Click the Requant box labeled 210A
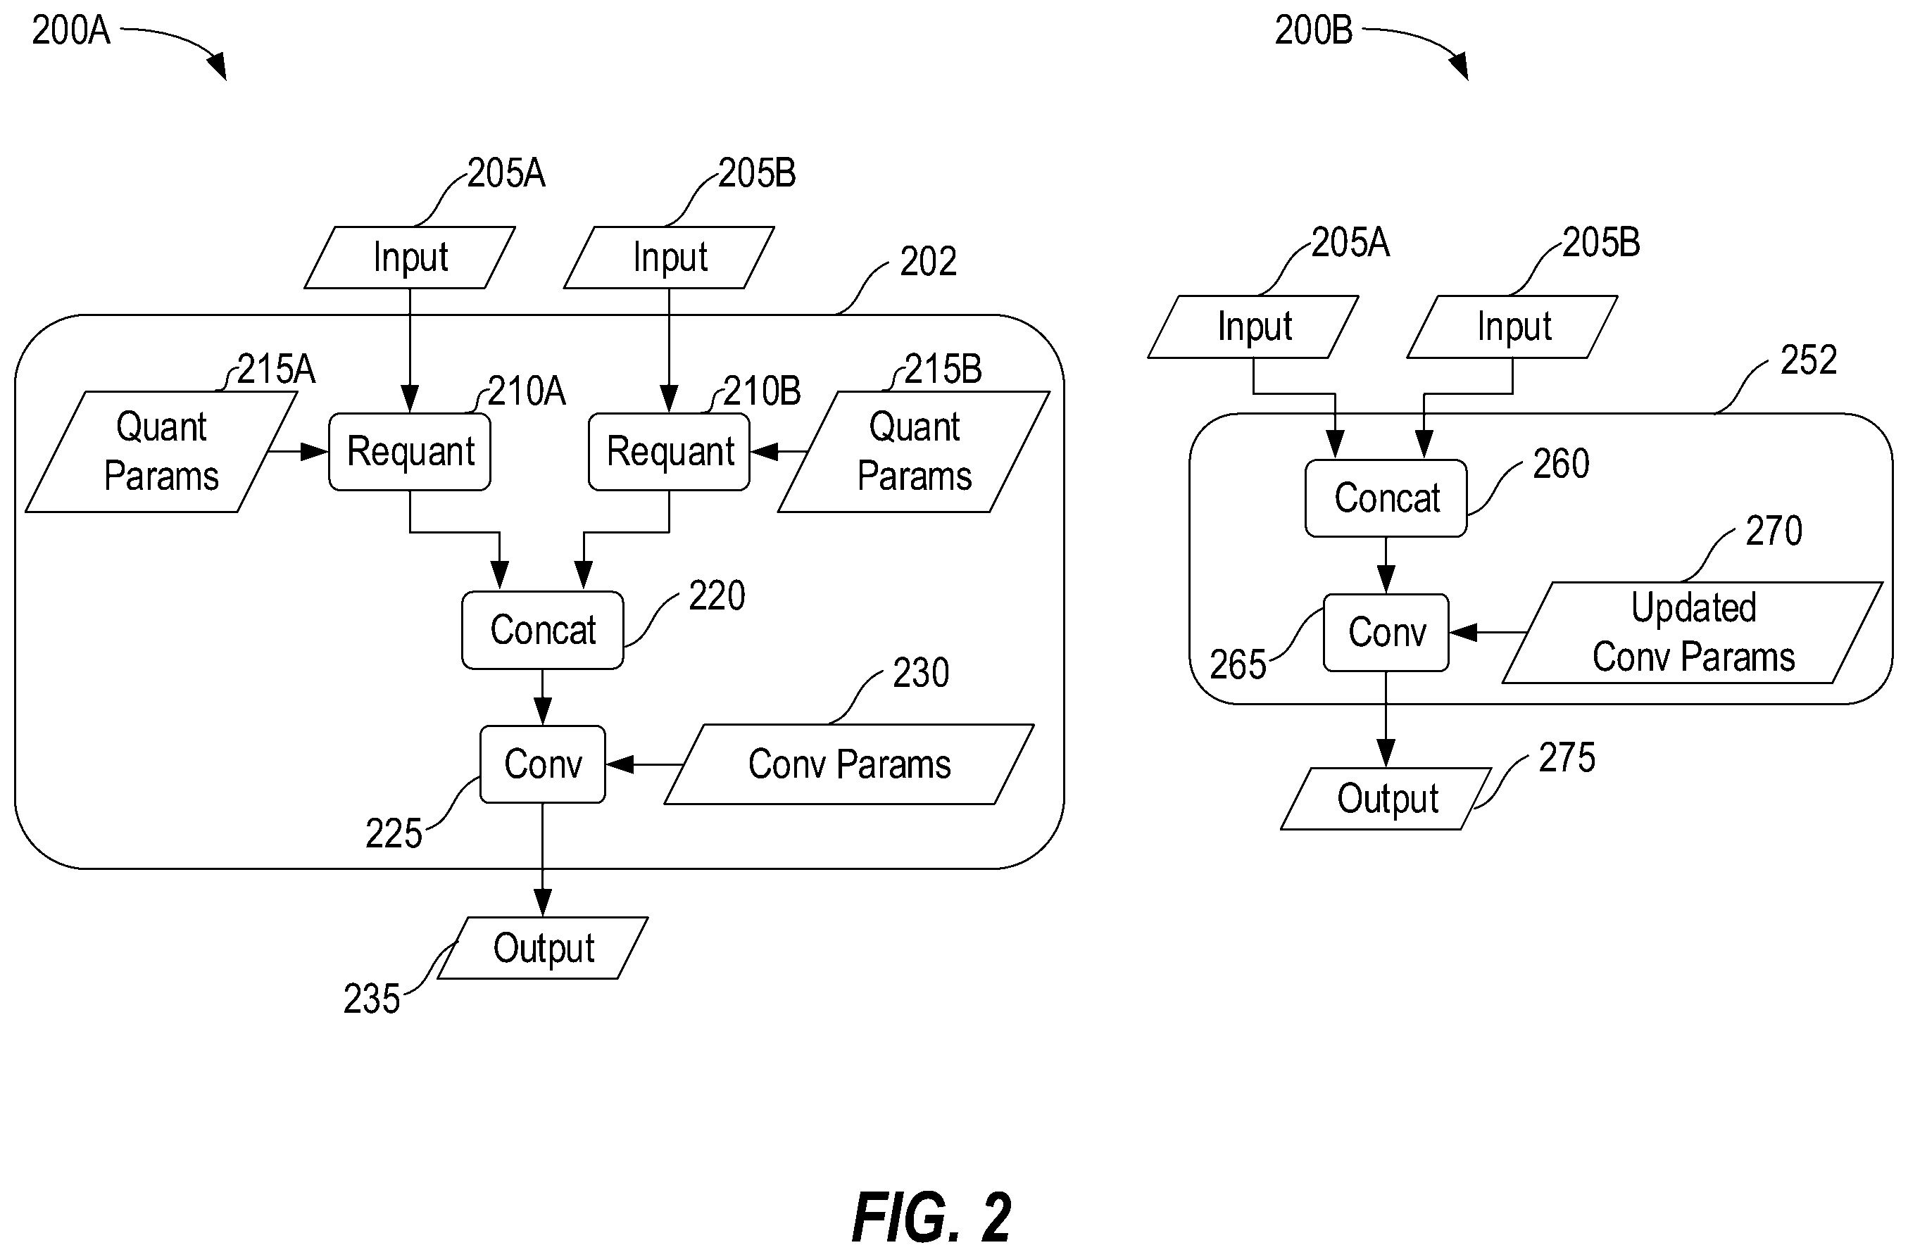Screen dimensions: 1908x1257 pos(409,451)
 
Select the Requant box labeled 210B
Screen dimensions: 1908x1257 pos(669,451)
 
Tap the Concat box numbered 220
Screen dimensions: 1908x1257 pos(542,630)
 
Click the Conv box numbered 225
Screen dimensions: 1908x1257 pos(542,764)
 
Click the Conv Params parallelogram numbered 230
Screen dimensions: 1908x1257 pos(849,764)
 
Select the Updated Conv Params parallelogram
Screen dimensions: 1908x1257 pos(1693,633)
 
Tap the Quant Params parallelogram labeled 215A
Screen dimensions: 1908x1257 pos(161,451)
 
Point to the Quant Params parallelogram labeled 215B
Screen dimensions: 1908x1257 pos(913,451)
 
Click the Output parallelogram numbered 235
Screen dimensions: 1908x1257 pos(543,947)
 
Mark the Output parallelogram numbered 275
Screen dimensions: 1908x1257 pos(1387,798)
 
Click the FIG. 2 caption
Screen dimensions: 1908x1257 pos(931,1218)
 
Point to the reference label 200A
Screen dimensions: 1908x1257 pos(70,30)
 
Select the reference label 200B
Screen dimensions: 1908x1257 pos(1314,30)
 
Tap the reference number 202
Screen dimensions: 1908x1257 pos(928,261)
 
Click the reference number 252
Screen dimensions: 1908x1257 pos(1809,360)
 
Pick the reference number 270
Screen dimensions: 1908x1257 pos(1774,531)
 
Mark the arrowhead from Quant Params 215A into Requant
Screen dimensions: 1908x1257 pos(315,452)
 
